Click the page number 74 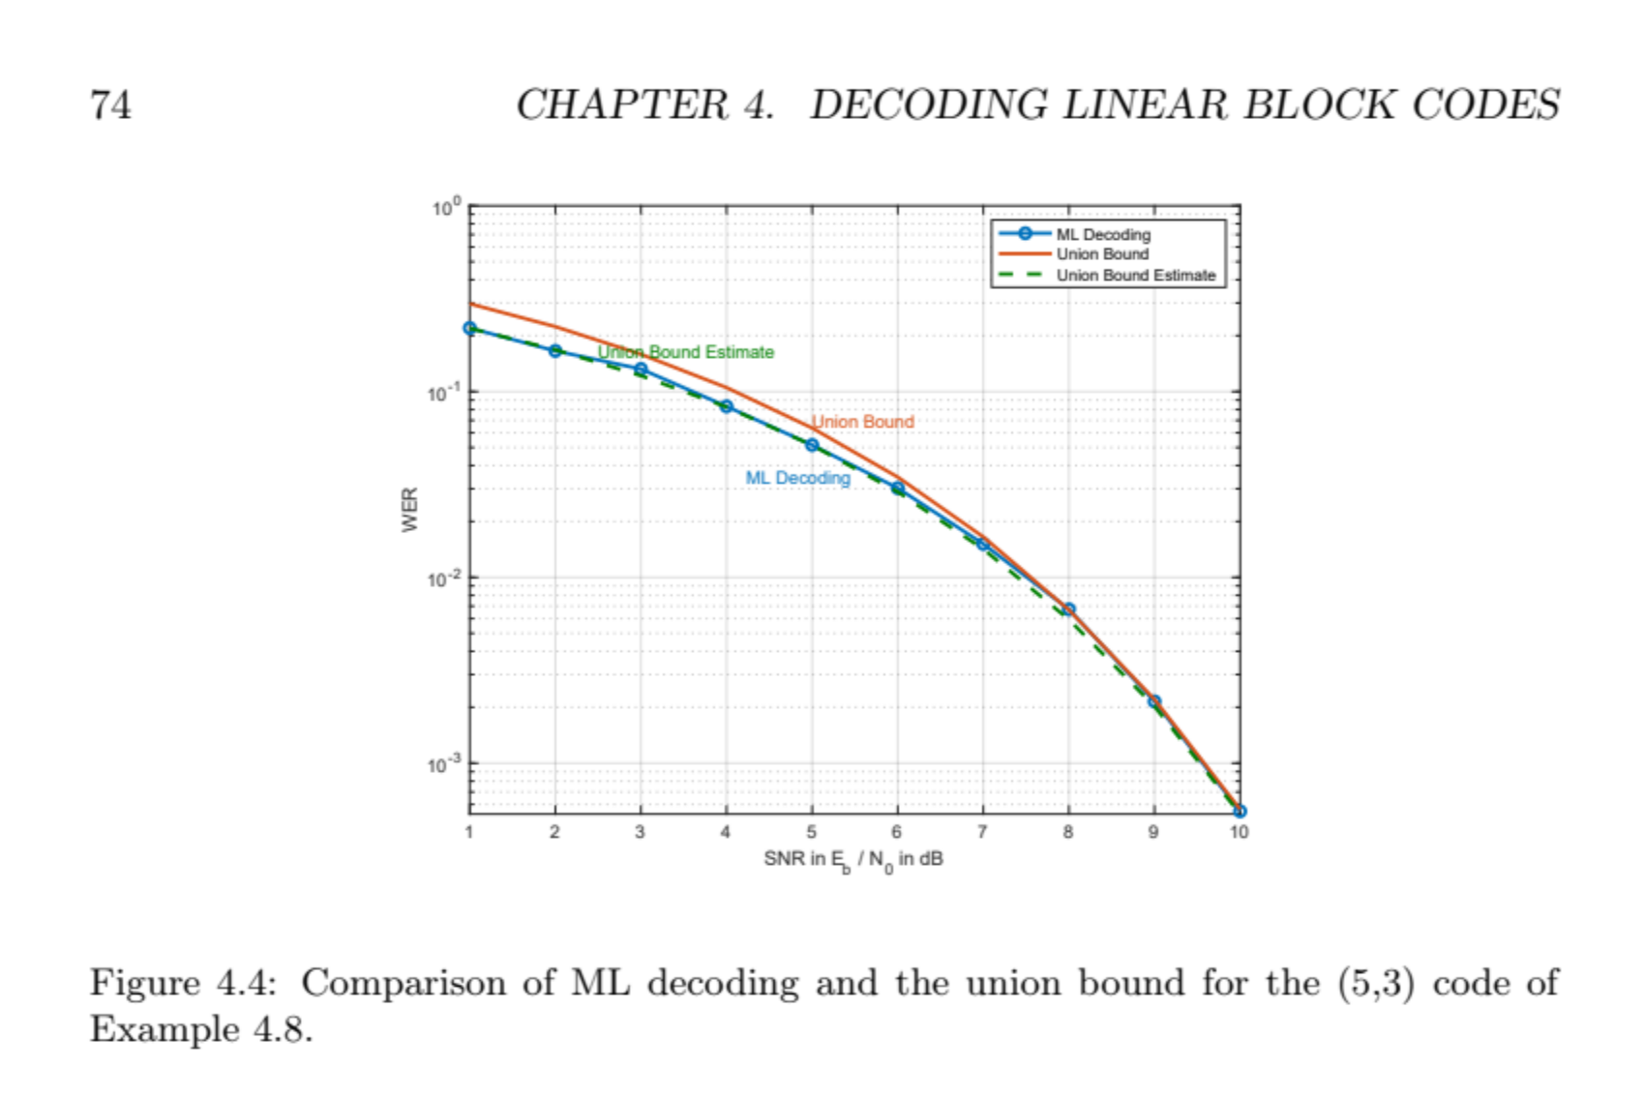coord(110,104)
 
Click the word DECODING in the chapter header coord(928,104)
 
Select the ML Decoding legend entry coord(1102,234)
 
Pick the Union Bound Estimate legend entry coord(1135,276)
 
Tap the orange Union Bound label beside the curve coord(862,422)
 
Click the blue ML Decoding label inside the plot coord(797,478)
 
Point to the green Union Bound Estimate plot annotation coord(686,352)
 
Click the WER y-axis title coord(410,509)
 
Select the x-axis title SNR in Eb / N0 coord(852,859)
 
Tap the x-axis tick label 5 coord(811,832)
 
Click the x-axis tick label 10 coord(1239,832)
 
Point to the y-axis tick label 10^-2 coord(446,579)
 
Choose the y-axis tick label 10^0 coord(446,208)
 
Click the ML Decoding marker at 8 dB coord(1068,609)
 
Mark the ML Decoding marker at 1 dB coord(470,329)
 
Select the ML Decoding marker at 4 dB coord(727,406)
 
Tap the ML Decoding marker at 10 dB coord(1240,811)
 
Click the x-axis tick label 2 coord(554,832)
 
